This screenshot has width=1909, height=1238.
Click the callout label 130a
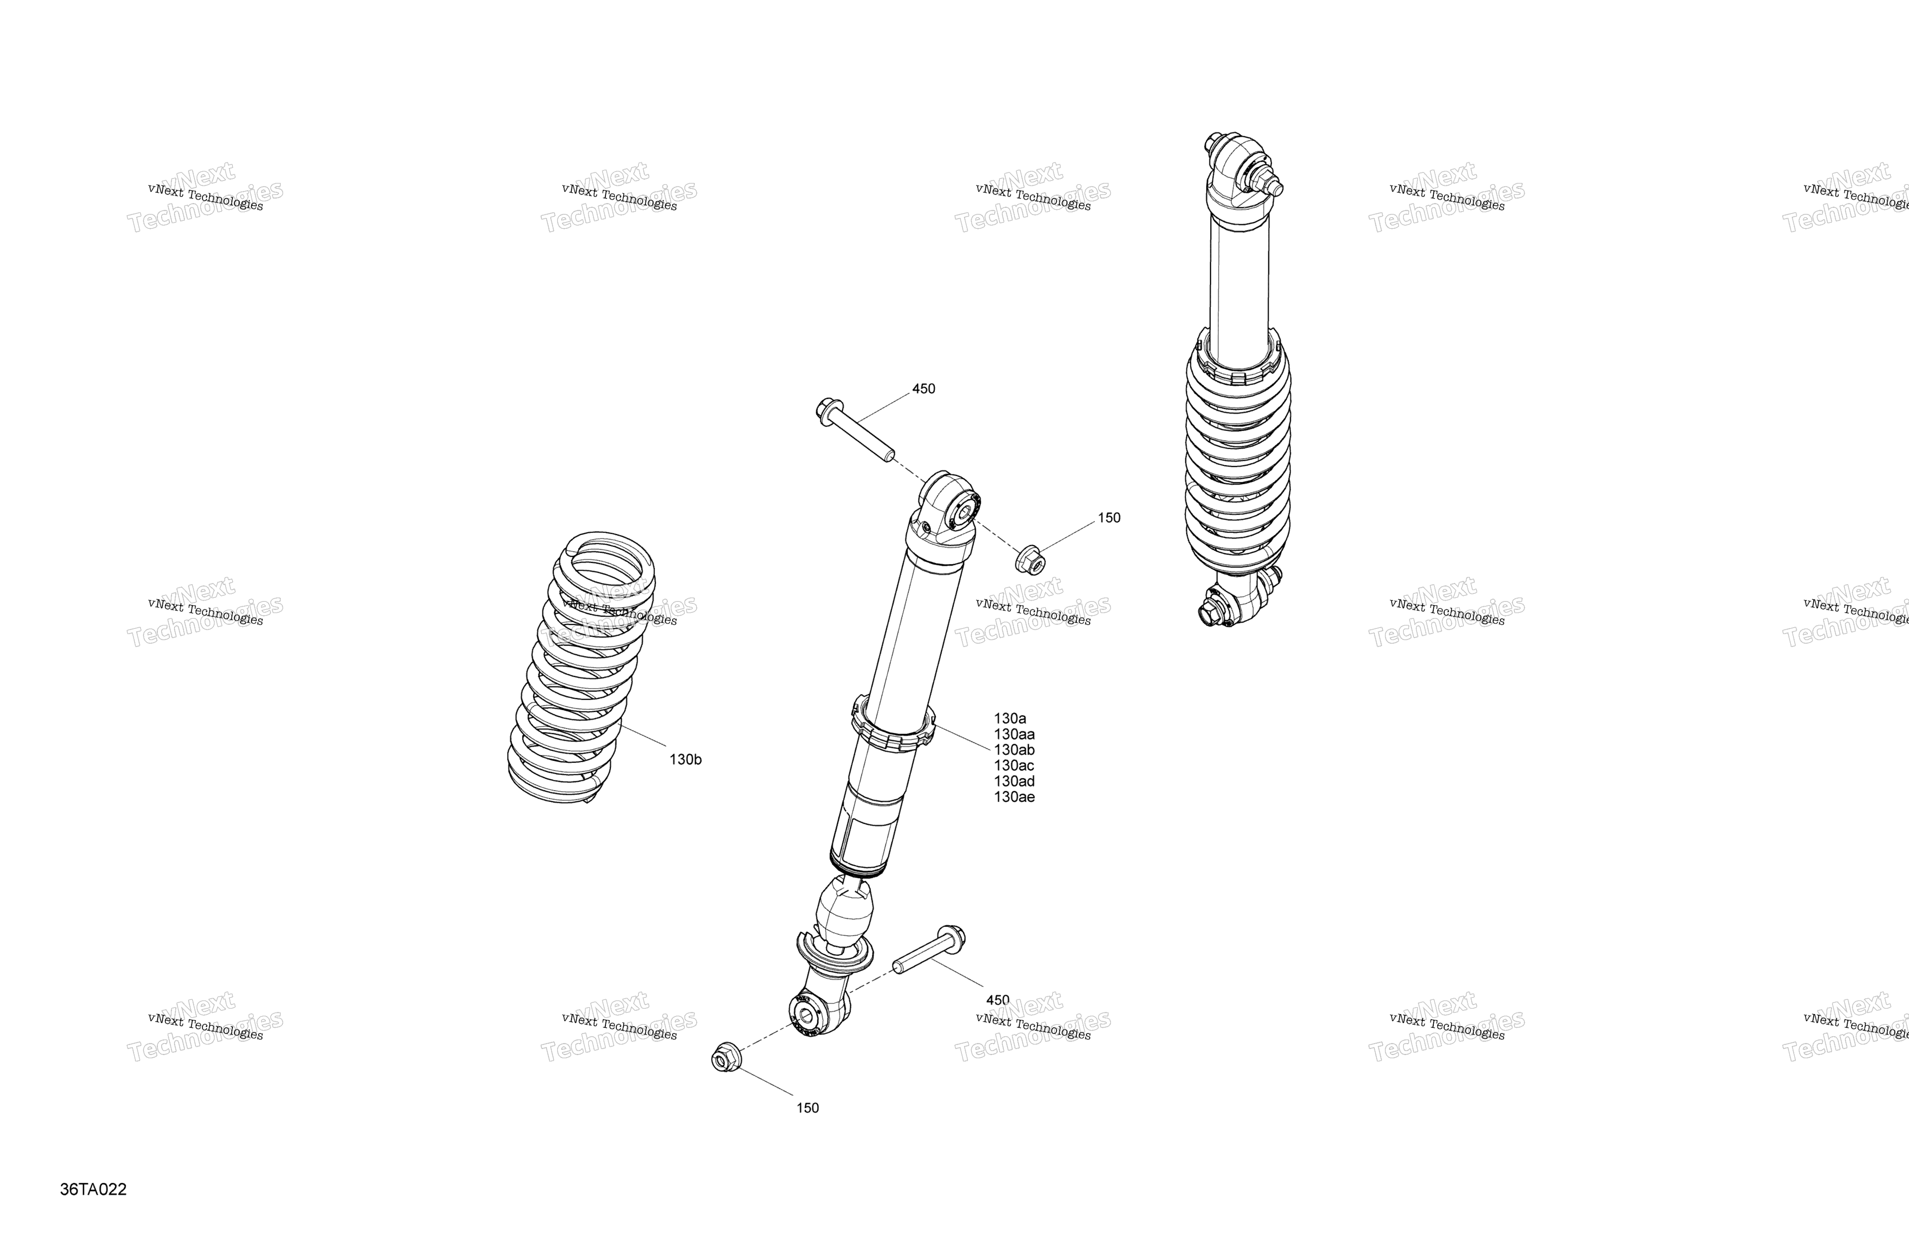1010,719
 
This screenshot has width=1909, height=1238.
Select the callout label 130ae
1014,797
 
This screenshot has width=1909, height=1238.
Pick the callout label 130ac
1014,765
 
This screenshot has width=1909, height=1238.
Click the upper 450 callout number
923,389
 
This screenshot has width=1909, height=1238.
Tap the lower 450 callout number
997,1000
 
